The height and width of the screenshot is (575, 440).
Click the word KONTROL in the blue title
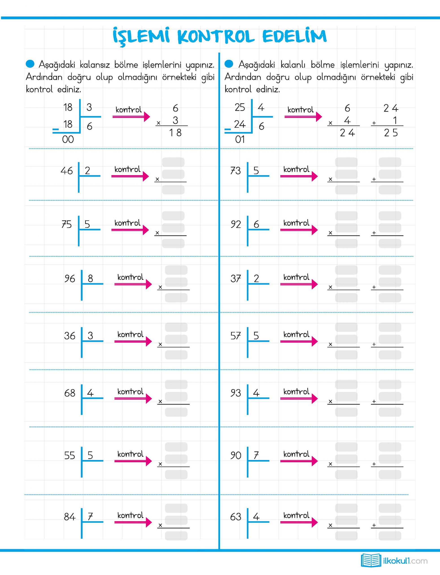pyautogui.click(x=216, y=37)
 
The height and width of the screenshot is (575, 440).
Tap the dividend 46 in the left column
pyautogui.click(x=67, y=171)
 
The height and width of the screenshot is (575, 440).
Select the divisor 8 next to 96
pyautogui.click(x=90, y=278)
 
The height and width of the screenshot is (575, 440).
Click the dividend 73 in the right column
pyautogui.click(x=235, y=171)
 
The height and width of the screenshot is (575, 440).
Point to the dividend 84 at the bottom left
pyautogui.click(x=70, y=517)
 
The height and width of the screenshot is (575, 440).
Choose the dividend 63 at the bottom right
pyautogui.click(x=235, y=517)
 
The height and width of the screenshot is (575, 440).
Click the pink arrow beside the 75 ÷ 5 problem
pyautogui.click(x=130, y=230)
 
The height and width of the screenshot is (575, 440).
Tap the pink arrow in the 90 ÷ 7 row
pyautogui.click(x=299, y=461)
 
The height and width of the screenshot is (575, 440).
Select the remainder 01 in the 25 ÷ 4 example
pyautogui.click(x=240, y=139)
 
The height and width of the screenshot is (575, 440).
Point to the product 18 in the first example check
pyautogui.click(x=175, y=133)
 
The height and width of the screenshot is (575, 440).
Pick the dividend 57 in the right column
pyautogui.click(x=235, y=336)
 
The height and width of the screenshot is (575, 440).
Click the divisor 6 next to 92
pyautogui.click(x=256, y=224)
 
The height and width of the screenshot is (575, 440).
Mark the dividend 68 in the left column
pyautogui.click(x=70, y=393)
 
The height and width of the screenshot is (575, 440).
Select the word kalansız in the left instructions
pyautogui.click(x=95, y=64)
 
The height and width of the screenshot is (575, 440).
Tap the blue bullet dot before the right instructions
pyautogui.click(x=229, y=64)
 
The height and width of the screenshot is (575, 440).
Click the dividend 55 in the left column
pyautogui.click(x=70, y=455)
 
